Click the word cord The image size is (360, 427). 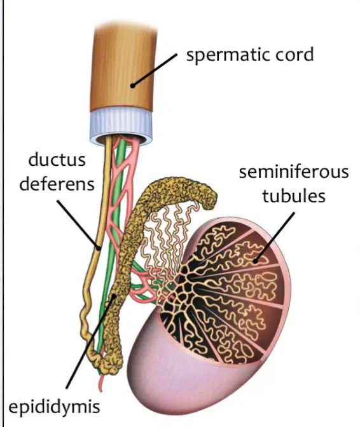point(294,54)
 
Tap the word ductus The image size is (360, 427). point(57,160)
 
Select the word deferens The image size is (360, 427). point(57,184)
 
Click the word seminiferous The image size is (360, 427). point(294,172)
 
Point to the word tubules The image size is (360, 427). point(294,196)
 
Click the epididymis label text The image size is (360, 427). point(54,408)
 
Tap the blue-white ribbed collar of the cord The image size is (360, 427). point(121,125)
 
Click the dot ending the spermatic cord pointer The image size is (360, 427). point(133,86)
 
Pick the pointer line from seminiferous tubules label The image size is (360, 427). point(275,237)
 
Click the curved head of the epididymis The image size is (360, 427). point(180,189)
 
